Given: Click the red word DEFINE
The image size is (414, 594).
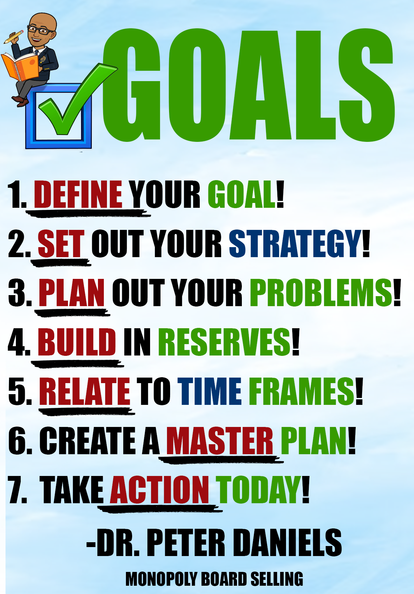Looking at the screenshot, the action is coord(78,194).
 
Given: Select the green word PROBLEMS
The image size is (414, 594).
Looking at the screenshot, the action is coord(322,293).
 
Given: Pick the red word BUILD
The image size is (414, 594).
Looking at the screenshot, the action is coord(77,342).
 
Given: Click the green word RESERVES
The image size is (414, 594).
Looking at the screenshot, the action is coord(225,342).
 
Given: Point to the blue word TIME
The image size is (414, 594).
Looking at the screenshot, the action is coord(209,391).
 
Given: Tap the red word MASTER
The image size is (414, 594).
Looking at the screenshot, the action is coord(220,440).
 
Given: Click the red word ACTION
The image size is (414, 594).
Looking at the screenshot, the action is coord(159,489).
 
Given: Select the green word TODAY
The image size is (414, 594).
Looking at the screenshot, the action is coord(258,489).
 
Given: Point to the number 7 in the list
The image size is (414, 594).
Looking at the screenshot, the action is coord(17,490).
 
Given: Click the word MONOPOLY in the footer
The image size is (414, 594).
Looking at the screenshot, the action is coord(161,579).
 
